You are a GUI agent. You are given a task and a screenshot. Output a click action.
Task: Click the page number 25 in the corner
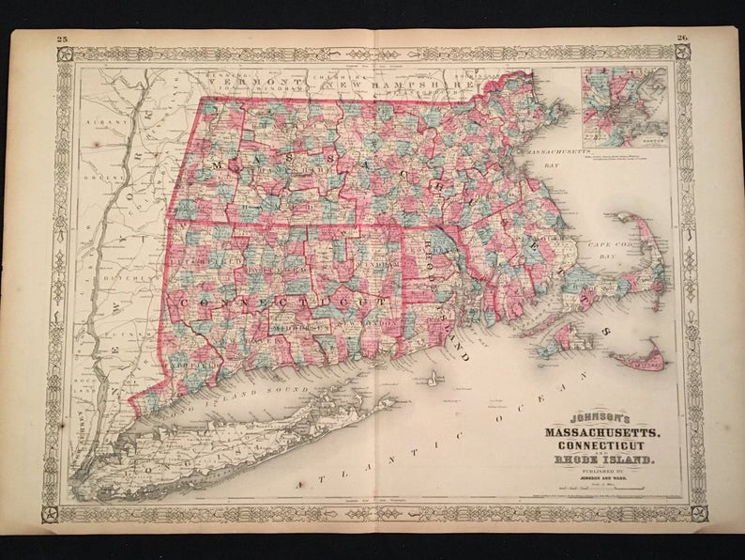63,38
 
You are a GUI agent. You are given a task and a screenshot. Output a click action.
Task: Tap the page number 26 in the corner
682,39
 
